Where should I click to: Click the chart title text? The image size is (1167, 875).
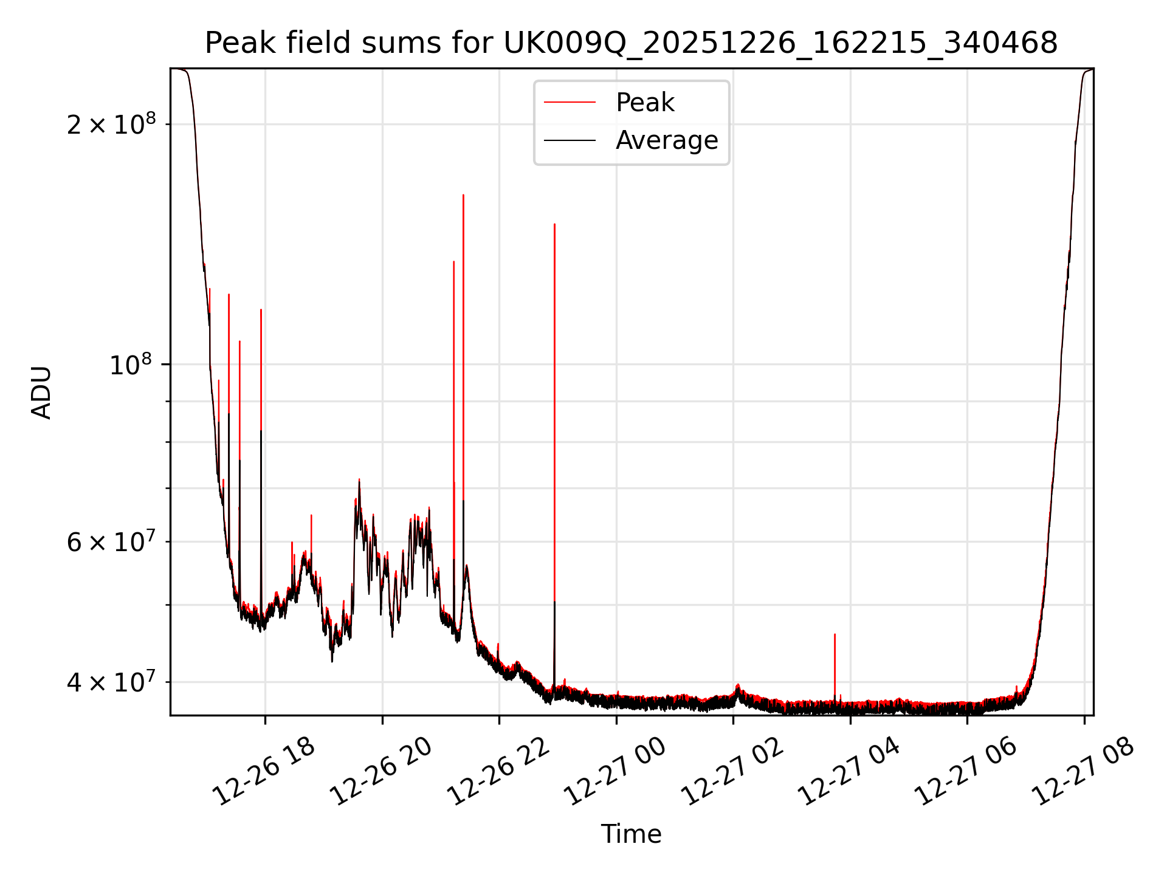point(631,43)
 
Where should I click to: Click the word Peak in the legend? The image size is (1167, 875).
point(645,103)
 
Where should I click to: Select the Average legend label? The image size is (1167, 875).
point(667,140)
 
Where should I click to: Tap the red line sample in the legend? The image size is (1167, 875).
point(570,103)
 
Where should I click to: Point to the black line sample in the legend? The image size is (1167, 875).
point(570,140)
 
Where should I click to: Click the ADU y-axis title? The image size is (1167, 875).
point(41,393)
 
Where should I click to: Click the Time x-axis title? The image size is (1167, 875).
point(631,834)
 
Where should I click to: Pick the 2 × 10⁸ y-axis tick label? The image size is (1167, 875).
point(111,125)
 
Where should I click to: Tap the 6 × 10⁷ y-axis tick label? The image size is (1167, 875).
point(111,541)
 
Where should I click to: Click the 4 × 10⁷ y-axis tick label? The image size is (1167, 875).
point(111,682)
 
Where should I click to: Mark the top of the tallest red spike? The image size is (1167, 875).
point(463,195)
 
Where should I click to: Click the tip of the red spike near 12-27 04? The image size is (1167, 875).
point(835,634)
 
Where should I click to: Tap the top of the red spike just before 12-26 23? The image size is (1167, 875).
point(554,224)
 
